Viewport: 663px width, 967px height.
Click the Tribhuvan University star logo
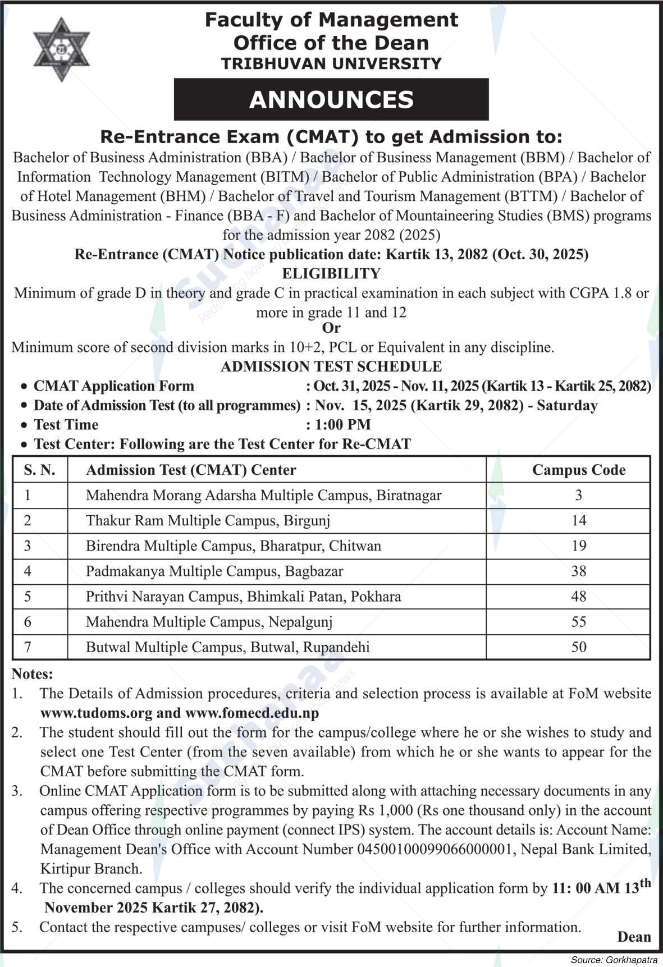pyautogui.click(x=61, y=50)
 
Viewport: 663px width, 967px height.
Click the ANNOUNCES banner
pyautogui.click(x=331, y=99)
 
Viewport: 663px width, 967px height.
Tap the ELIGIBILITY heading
pyautogui.click(x=331, y=273)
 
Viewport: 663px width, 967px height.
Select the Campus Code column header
pyautogui.click(x=578, y=470)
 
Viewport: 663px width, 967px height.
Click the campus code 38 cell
pyautogui.click(x=578, y=571)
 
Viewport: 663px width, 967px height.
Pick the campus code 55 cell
pyautogui.click(x=578, y=621)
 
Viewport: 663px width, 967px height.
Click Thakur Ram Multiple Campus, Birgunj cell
pyautogui.click(x=208, y=520)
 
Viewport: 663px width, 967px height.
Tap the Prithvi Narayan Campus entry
pyautogui.click(x=243, y=596)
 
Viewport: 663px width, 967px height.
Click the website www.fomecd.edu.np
pyautogui.click(x=252, y=713)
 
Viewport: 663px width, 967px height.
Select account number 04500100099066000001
pyautogui.click(x=436, y=849)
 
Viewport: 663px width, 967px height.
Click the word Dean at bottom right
pyautogui.click(x=634, y=936)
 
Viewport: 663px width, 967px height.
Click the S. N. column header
pyautogui.click(x=40, y=470)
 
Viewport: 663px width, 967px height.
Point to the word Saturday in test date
pyautogui.click(x=567, y=405)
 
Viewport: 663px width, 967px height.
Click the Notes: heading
pyautogui.click(x=32, y=673)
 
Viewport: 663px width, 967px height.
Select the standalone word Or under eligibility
pyautogui.click(x=331, y=328)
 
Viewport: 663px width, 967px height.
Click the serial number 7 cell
pyautogui.click(x=28, y=647)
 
